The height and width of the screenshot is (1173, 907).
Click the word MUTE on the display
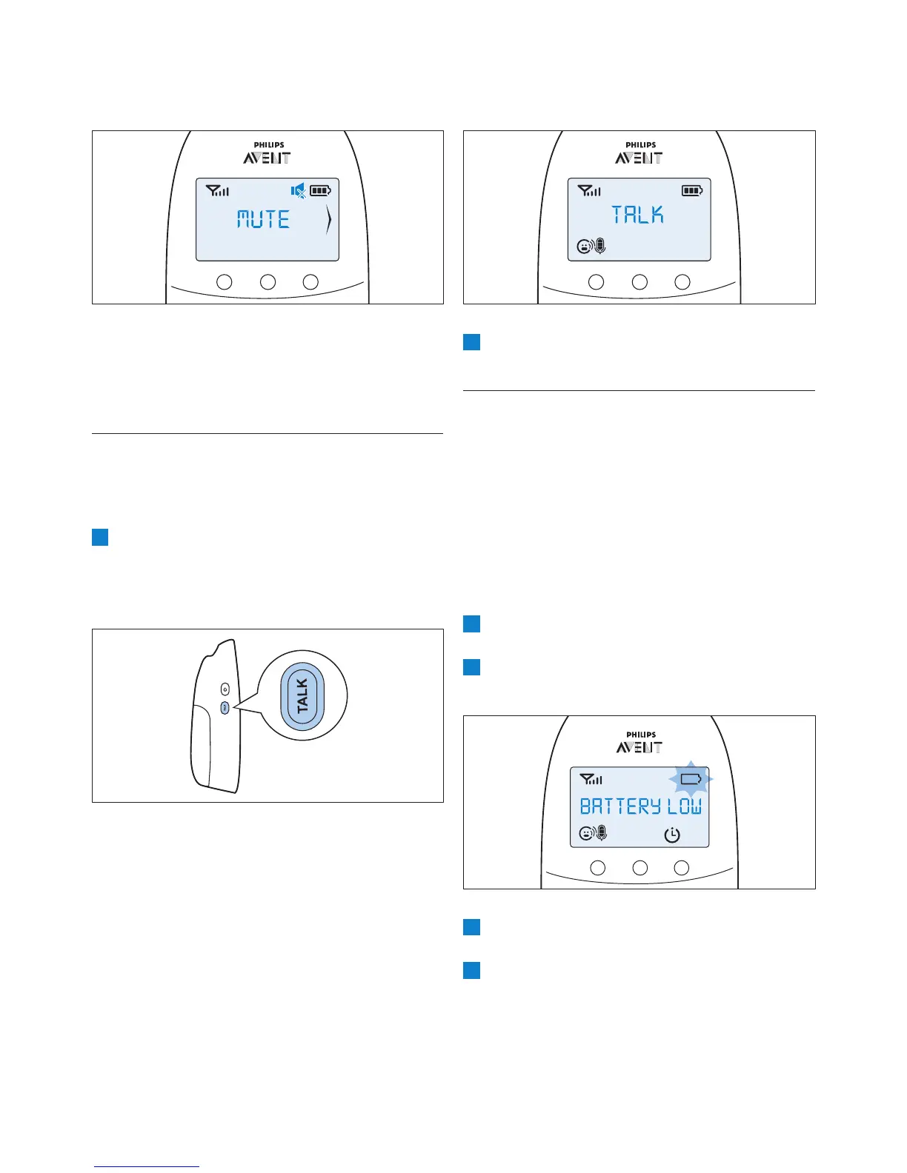(263, 219)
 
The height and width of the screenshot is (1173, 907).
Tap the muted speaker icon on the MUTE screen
(299, 191)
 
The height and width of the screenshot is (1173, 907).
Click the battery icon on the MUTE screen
(321, 191)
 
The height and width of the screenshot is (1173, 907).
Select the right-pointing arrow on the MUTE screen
(328, 221)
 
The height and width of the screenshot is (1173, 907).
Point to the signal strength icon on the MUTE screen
(218, 191)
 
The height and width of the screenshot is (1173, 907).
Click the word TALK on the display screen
(637, 215)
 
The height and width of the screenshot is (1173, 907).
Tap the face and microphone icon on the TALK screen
(591, 246)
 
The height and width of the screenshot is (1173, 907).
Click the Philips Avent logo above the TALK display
(638, 153)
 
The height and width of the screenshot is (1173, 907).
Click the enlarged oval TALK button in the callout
(302, 696)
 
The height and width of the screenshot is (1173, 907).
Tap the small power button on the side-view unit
(225, 690)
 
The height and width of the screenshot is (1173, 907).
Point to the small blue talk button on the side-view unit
(225, 708)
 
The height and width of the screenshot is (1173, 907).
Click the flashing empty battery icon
(691, 779)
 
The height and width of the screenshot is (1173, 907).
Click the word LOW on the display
(684, 806)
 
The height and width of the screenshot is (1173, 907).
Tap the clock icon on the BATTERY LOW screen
(671, 835)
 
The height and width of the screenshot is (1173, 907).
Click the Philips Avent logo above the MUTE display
(266, 153)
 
